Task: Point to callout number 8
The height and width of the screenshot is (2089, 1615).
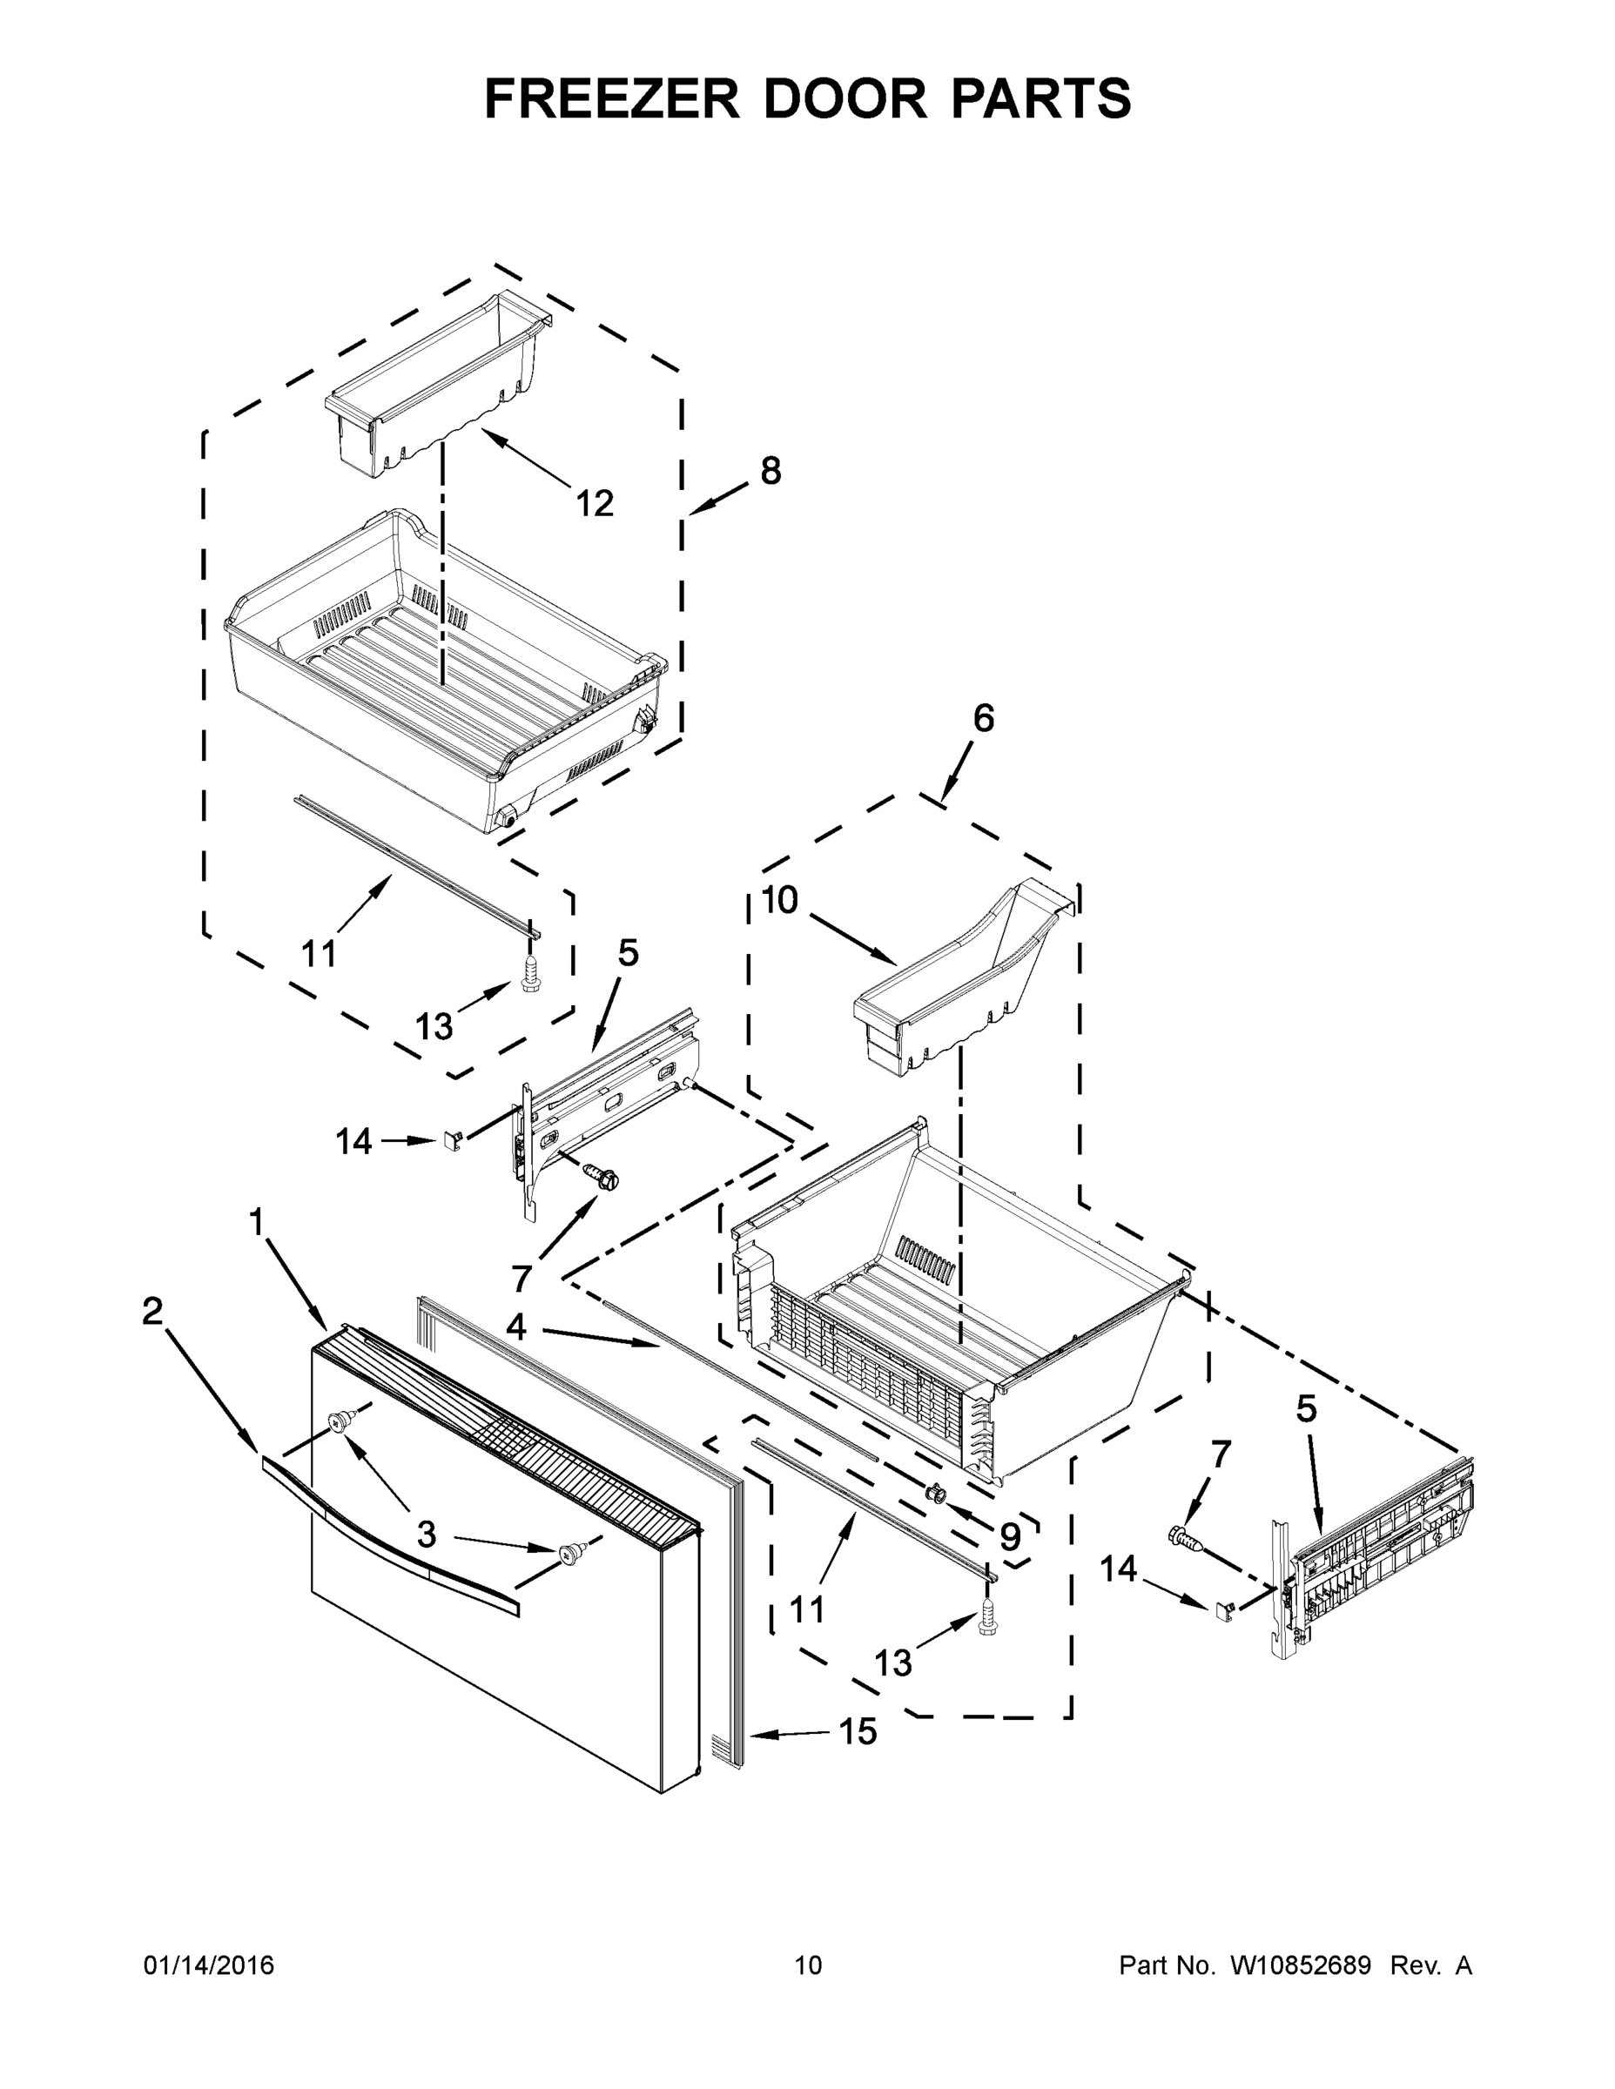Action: pos(770,471)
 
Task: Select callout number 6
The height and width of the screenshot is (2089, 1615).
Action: pos(983,718)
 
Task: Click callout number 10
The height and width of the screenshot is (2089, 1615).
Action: pos(780,900)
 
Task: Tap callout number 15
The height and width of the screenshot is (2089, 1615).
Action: pos(858,1730)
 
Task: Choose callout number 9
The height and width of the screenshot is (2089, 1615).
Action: pos(1009,1536)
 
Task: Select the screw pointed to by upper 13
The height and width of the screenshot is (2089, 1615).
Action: pos(530,977)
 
